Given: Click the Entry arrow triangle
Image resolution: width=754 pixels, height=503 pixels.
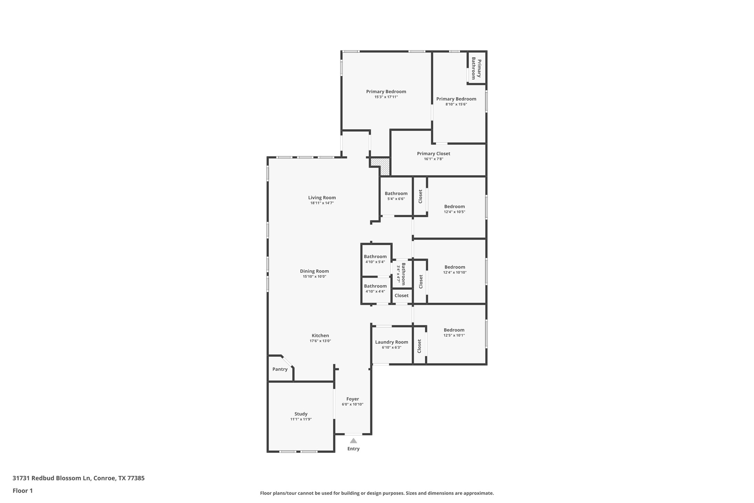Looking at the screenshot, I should [353, 441].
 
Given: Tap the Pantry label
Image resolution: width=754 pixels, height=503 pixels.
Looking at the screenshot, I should [280, 369].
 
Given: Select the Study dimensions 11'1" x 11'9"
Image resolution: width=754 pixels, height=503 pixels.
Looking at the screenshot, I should [301, 419].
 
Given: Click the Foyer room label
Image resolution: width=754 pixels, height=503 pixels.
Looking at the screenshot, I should [352, 399].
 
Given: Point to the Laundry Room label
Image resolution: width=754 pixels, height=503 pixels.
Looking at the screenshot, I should [391, 342].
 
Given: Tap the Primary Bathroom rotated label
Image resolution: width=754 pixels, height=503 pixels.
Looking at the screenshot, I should [476, 68].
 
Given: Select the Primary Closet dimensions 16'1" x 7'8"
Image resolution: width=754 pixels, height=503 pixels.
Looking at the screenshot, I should [433, 159].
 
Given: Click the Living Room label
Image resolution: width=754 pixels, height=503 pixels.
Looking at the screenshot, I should [322, 198].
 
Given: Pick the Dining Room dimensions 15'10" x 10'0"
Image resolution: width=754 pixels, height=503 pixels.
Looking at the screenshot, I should [314, 277].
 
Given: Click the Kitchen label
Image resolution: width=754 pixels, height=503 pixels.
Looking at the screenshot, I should [320, 336].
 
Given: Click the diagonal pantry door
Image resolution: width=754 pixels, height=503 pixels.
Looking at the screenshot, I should [287, 361].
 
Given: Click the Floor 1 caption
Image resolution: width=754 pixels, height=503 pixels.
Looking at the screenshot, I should [23, 491].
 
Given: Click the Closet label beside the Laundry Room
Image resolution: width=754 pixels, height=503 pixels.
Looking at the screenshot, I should [419, 346].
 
